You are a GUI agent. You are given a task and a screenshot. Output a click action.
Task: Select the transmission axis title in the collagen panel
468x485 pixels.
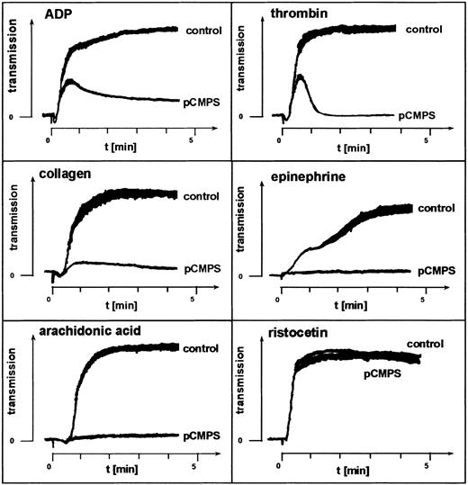(x=15, y=234)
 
